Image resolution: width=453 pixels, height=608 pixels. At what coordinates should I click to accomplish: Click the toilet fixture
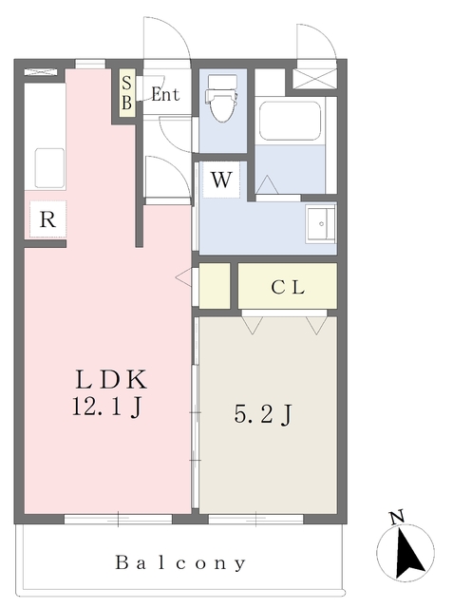click(x=223, y=99)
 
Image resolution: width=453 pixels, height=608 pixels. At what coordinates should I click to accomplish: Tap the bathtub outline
click(x=290, y=121)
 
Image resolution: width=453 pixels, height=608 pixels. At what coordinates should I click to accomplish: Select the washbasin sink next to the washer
click(x=320, y=224)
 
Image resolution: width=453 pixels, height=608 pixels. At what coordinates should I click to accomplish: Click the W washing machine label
click(x=221, y=180)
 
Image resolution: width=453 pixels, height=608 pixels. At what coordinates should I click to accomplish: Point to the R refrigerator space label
click(x=47, y=219)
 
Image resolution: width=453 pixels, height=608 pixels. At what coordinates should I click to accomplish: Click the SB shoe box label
click(x=126, y=93)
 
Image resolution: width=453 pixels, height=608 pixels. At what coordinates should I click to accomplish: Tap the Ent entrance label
click(x=165, y=94)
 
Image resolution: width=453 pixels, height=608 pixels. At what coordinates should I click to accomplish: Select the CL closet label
click(x=288, y=287)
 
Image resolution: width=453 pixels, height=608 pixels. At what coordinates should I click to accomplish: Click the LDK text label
click(x=112, y=380)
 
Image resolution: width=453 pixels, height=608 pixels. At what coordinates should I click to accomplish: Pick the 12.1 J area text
click(x=106, y=408)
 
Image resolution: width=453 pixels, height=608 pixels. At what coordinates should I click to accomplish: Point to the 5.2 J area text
click(x=263, y=414)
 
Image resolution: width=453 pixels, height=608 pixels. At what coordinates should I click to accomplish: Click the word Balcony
click(x=180, y=563)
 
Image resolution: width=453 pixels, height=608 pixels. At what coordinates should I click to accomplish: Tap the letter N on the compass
click(x=397, y=518)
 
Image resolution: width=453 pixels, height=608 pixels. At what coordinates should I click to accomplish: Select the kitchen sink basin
click(x=50, y=168)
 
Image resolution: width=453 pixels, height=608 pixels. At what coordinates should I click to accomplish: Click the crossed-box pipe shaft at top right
click(x=314, y=79)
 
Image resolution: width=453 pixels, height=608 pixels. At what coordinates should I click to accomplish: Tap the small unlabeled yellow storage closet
click(x=215, y=286)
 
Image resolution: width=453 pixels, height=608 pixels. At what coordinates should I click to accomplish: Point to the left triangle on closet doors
click(x=253, y=325)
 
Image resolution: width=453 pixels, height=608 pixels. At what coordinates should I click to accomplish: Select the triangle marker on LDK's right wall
click(x=183, y=277)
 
